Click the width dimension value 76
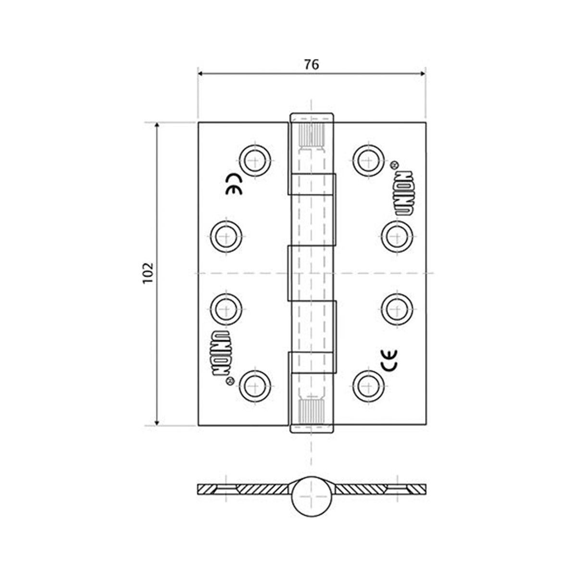[312, 64]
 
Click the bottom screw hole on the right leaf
[368, 385]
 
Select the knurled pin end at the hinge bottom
[312, 409]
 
